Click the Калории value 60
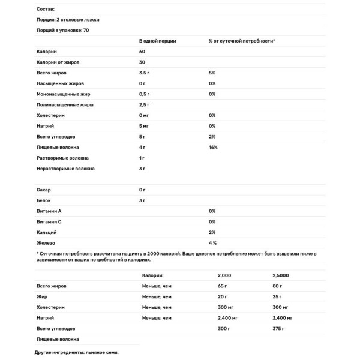[142, 52]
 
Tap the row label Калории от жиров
[58, 62]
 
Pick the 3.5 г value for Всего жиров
[144, 73]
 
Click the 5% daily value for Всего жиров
[212, 73]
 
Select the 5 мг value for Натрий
[143, 126]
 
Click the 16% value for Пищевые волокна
[213, 147]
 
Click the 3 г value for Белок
[142, 200]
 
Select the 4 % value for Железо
[212, 242]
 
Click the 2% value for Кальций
[212, 232]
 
